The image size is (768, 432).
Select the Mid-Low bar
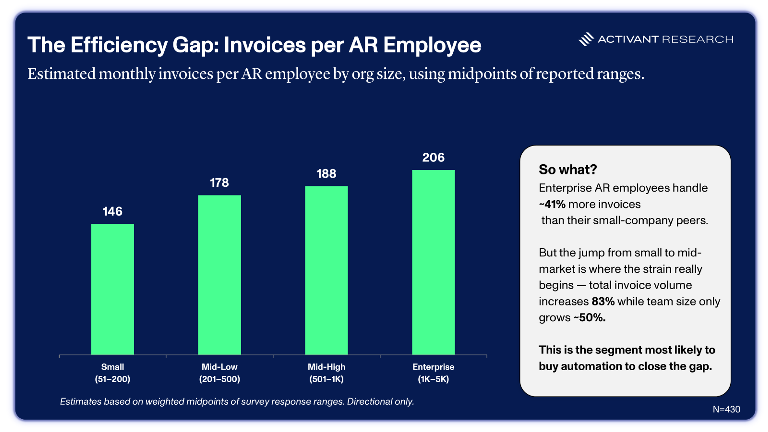click(x=219, y=275)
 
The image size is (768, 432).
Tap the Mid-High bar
click(x=326, y=270)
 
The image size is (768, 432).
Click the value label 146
click(x=112, y=211)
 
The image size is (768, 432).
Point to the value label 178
click(x=219, y=182)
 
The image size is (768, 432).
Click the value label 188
click(x=326, y=174)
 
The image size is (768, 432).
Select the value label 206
click(x=433, y=157)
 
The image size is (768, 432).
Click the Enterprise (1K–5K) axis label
click(x=433, y=373)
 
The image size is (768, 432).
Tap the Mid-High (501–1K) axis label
click(x=326, y=373)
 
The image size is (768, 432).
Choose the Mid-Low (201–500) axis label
click(x=219, y=373)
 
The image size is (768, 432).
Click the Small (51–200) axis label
click(x=112, y=373)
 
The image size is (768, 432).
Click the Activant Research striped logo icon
click(x=586, y=39)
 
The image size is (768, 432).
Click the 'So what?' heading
click(x=568, y=169)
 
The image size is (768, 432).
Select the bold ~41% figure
click(x=552, y=204)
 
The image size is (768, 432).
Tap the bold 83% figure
click(x=603, y=301)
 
